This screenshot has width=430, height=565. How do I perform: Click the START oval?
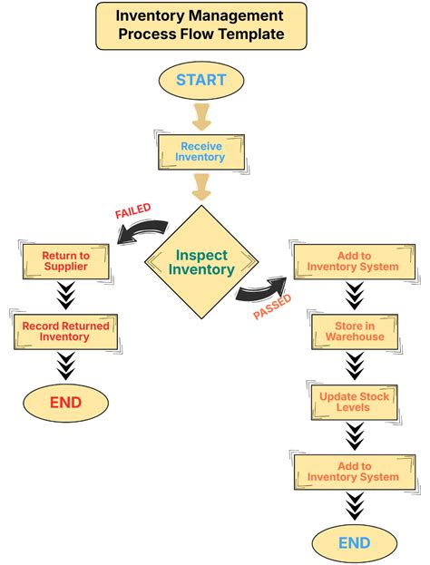tap(200, 80)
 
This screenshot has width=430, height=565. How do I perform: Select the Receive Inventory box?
tap(200, 151)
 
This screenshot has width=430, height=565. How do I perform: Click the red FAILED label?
tap(132, 211)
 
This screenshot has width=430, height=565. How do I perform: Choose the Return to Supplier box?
tap(64, 261)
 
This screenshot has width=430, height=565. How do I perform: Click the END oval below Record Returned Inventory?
tap(64, 403)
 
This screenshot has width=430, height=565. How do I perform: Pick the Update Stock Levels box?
tap(354, 402)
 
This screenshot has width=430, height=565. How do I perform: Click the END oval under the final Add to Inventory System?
tap(354, 542)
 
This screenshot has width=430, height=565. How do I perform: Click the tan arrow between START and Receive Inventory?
tap(200, 115)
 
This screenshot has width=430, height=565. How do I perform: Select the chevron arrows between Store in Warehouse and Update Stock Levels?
tap(354, 365)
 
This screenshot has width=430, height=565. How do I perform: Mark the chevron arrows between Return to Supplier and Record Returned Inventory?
tap(64, 296)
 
